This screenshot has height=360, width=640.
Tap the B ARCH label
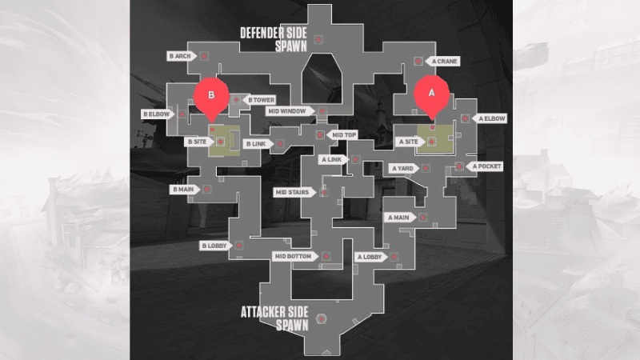(180, 56)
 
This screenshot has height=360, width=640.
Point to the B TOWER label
(261, 100)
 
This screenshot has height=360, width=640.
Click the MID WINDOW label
(287, 111)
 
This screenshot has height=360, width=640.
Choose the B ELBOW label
(156, 114)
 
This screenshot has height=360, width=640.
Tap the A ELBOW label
(492, 118)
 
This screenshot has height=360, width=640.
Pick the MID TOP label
(344, 135)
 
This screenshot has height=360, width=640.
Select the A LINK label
(331, 159)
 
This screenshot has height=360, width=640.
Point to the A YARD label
(402, 168)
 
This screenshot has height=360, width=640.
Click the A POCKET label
(486, 166)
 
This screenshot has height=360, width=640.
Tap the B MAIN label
(183, 190)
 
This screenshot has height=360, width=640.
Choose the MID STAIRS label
(292, 192)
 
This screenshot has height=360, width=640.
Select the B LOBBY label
(214, 246)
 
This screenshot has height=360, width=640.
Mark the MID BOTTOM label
(292, 256)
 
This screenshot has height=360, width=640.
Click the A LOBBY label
(370, 257)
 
